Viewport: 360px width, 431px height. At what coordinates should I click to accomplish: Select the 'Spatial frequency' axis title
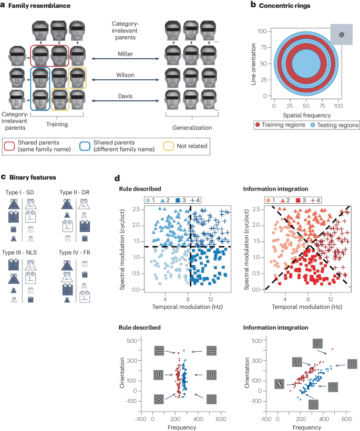pyautogui.click(x=306, y=114)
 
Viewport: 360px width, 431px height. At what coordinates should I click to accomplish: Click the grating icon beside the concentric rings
pyautogui.click(x=343, y=36)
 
